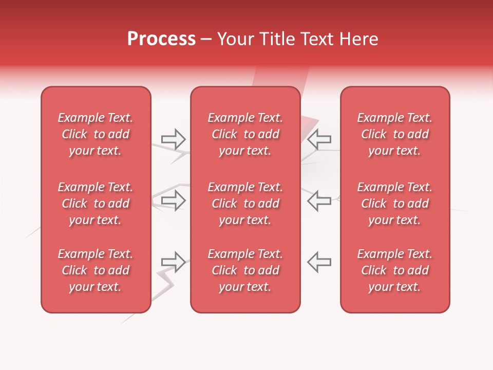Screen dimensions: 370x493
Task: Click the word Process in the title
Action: pyautogui.click(x=161, y=39)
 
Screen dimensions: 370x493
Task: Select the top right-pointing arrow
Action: pyautogui.click(x=174, y=139)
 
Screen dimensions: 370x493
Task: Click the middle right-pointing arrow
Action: pyautogui.click(x=174, y=200)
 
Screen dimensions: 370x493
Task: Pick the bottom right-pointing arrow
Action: pyautogui.click(x=174, y=262)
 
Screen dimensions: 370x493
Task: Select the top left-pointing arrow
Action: pyautogui.click(x=319, y=139)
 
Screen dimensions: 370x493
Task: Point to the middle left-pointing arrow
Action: pyautogui.click(x=319, y=200)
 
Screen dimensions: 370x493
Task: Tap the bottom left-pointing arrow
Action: pyautogui.click(x=319, y=262)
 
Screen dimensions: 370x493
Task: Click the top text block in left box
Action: pyautogui.click(x=96, y=134)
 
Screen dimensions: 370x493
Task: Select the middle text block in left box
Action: pyautogui.click(x=96, y=203)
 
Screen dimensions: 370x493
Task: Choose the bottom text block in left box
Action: pyautogui.click(x=96, y=270)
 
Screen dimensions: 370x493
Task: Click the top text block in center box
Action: pyautogui.click(x=245, y=134)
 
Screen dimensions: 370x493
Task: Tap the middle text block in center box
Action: pyautogui.click(x=245, y=203)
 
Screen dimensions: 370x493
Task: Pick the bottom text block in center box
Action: pyautogui.click(x=245, y=270)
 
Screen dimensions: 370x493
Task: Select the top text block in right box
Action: pyautogui.click(x=394, y=134)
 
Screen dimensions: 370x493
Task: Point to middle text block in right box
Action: pyautogui.click(x=394, y=203)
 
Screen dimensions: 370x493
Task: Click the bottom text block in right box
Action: pyautogui.click(x=394, y=270)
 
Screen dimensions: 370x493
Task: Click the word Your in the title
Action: pyautogui.click(x=235, y=39)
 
